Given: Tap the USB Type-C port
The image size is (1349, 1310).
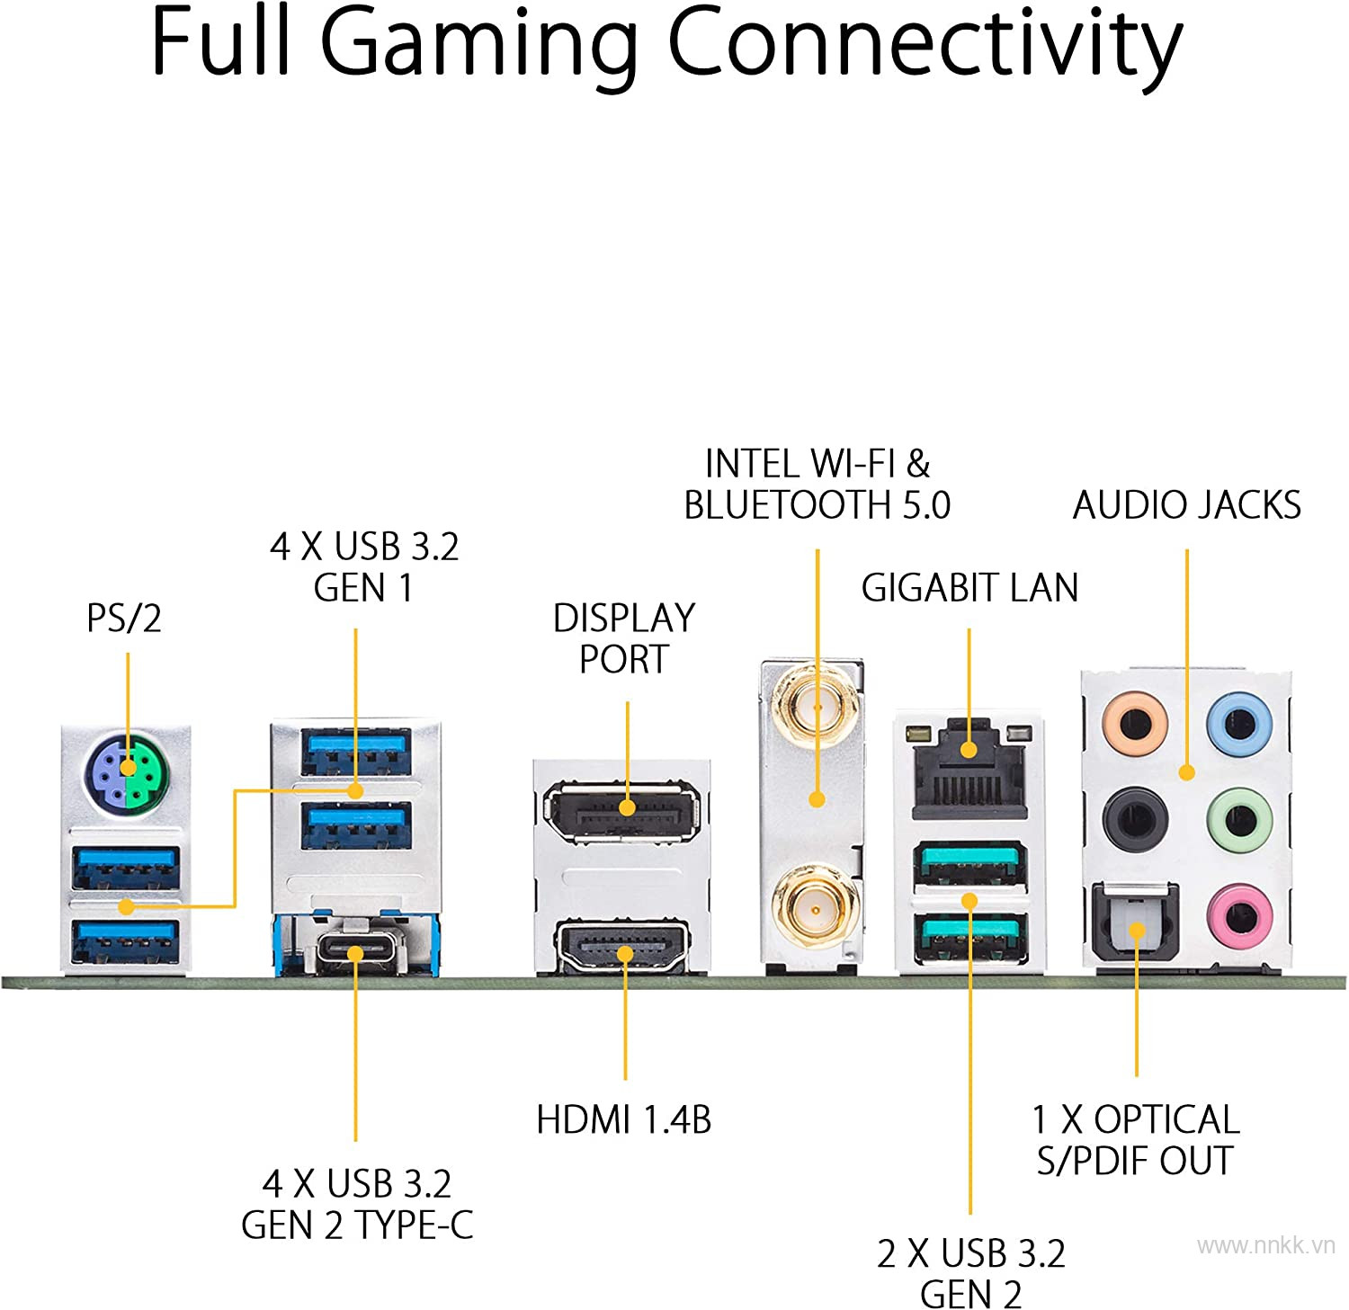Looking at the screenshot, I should pos(355,953).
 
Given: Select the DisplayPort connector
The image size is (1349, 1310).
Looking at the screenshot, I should pos(622,812).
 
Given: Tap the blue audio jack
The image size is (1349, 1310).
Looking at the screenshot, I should pos(1239,722).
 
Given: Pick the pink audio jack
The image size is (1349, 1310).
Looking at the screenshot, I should pos(1239,917).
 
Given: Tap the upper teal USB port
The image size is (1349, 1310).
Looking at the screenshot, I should pos(970,866).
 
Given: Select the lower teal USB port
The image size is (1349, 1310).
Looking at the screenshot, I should pos(970,937).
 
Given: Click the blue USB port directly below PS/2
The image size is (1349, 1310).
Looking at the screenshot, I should pos(127,869).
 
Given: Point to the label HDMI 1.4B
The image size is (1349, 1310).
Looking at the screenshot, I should pos(623,1120).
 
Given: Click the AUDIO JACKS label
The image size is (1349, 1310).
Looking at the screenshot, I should pos(1186,505).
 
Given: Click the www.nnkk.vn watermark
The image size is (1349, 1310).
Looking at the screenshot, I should pos(1266,1245).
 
